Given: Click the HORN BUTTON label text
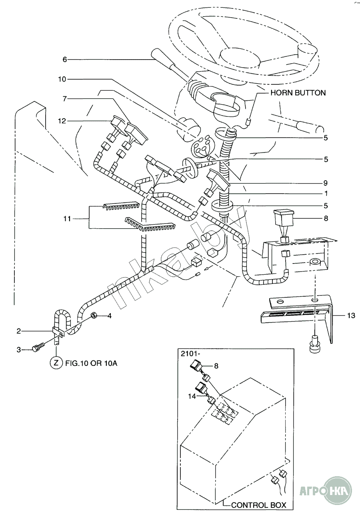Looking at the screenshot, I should pos(298,93).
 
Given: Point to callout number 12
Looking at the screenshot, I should pos(62,120).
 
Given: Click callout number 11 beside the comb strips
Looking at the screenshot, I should pos(67,218).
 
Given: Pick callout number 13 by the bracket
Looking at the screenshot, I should pos(351,316).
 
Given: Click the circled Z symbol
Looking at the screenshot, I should pos(56,363).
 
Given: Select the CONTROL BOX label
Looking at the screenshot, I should pos(259,505).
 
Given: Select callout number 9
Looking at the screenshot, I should pos(326,183).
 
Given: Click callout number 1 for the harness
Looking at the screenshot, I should pos(326,194).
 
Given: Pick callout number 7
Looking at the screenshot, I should pos(64,98).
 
